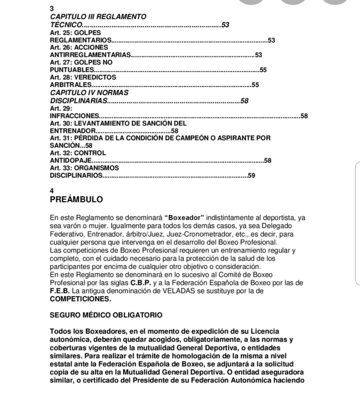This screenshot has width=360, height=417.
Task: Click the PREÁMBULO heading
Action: (x=76, y=200)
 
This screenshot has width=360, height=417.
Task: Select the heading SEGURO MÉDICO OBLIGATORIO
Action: (x=106, y=315)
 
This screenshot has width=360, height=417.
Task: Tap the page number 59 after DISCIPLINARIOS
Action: (x=252, y=176)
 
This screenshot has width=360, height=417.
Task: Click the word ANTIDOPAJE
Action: (x=70, y=161)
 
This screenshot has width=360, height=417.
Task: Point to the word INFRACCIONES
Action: (x=75, y=117)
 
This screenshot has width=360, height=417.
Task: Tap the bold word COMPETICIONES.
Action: (x=80, y=298)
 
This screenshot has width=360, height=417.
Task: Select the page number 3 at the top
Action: (x=51, y=9)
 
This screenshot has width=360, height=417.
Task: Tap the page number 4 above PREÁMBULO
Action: (x=51, y=190)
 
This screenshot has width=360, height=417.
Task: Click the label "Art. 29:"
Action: (x=60, y=109)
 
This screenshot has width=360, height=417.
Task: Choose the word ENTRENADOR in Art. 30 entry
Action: (x=71, y=131)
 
